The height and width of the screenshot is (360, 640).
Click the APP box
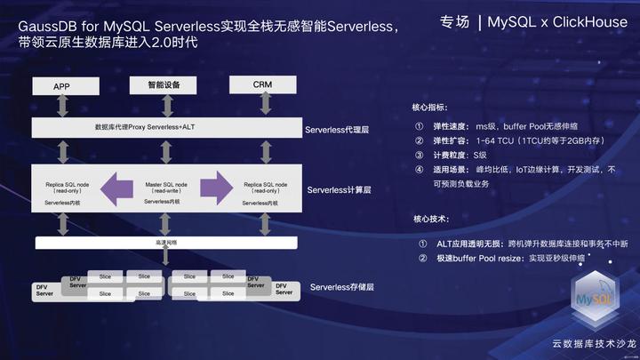61,86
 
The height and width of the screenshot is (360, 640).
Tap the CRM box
262,84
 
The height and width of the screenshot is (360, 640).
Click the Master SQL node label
164,184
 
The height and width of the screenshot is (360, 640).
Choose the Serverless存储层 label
342,287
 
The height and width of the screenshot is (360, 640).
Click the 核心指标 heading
431,107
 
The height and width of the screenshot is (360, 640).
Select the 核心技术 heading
431,219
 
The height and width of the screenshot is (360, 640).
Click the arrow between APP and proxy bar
61,107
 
